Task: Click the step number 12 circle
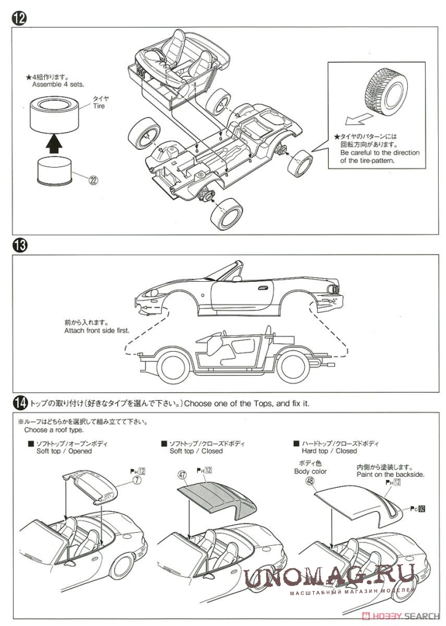19,18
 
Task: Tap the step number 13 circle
19,245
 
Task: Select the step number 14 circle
19,403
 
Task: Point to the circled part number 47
182,474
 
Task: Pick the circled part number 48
308,481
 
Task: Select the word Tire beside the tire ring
98,106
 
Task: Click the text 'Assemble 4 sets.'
58,84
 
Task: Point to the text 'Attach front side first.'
96,330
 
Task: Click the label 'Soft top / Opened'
64,450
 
